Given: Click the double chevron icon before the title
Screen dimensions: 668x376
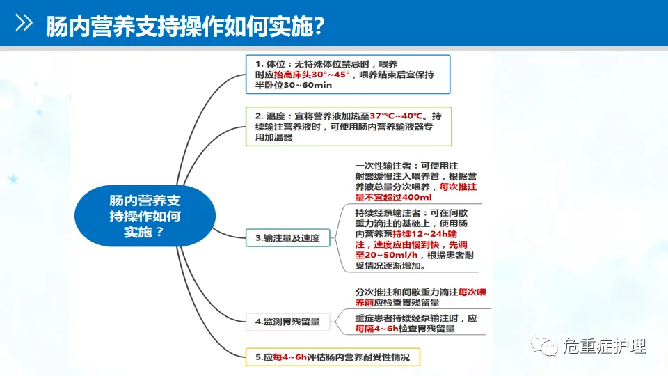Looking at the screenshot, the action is [x=24, y=24].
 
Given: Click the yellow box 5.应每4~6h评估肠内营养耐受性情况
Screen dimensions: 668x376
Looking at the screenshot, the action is [x=333, y=358].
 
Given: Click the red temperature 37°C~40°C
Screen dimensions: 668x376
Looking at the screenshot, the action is [x=400, y=116].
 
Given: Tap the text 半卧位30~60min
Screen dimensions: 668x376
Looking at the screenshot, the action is [x=293, y=85].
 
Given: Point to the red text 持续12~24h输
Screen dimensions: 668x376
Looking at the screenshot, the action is [x=441, y=234].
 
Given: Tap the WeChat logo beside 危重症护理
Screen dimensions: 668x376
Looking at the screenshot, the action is [x=544, y=345].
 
